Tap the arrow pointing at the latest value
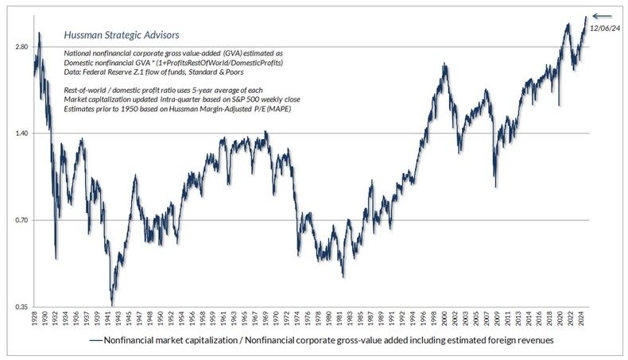point(603,15)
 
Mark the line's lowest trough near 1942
point(112,304)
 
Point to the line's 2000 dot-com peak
point(444,64)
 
